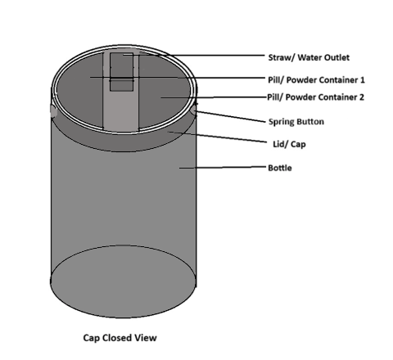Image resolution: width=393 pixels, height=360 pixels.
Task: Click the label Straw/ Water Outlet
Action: [x=309, y=57]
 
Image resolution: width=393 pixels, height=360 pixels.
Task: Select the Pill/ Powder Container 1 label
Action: [x=316, y=80]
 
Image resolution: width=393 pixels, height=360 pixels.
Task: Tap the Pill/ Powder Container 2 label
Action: [x=315, y=97]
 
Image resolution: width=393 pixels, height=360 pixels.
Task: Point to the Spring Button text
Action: [x=296, y=122]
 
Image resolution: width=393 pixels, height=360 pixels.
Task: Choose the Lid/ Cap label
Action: [x=289, y=144]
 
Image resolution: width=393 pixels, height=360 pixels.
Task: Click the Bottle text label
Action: [x=280, y=168]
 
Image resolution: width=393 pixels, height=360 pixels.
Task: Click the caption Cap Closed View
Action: [x=120, y=338]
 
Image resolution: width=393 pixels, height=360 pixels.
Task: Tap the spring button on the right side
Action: [x=193, y=110]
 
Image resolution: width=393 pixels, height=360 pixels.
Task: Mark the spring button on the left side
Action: [x=53, y=111]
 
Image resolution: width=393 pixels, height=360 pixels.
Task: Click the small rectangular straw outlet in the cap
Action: [x=121, y=72]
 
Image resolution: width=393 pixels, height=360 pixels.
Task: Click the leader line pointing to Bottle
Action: [x=223, y=167]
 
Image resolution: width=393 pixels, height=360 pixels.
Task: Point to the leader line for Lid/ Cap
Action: [x=218, y=137]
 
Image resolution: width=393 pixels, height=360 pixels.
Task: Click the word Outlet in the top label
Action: [x=337, y=57]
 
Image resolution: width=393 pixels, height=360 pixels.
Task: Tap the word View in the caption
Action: [x=147, y=338]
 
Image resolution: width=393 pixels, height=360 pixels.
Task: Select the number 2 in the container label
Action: [x=361, y=97]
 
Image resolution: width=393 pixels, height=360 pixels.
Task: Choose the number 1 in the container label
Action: [x=362, y=80]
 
